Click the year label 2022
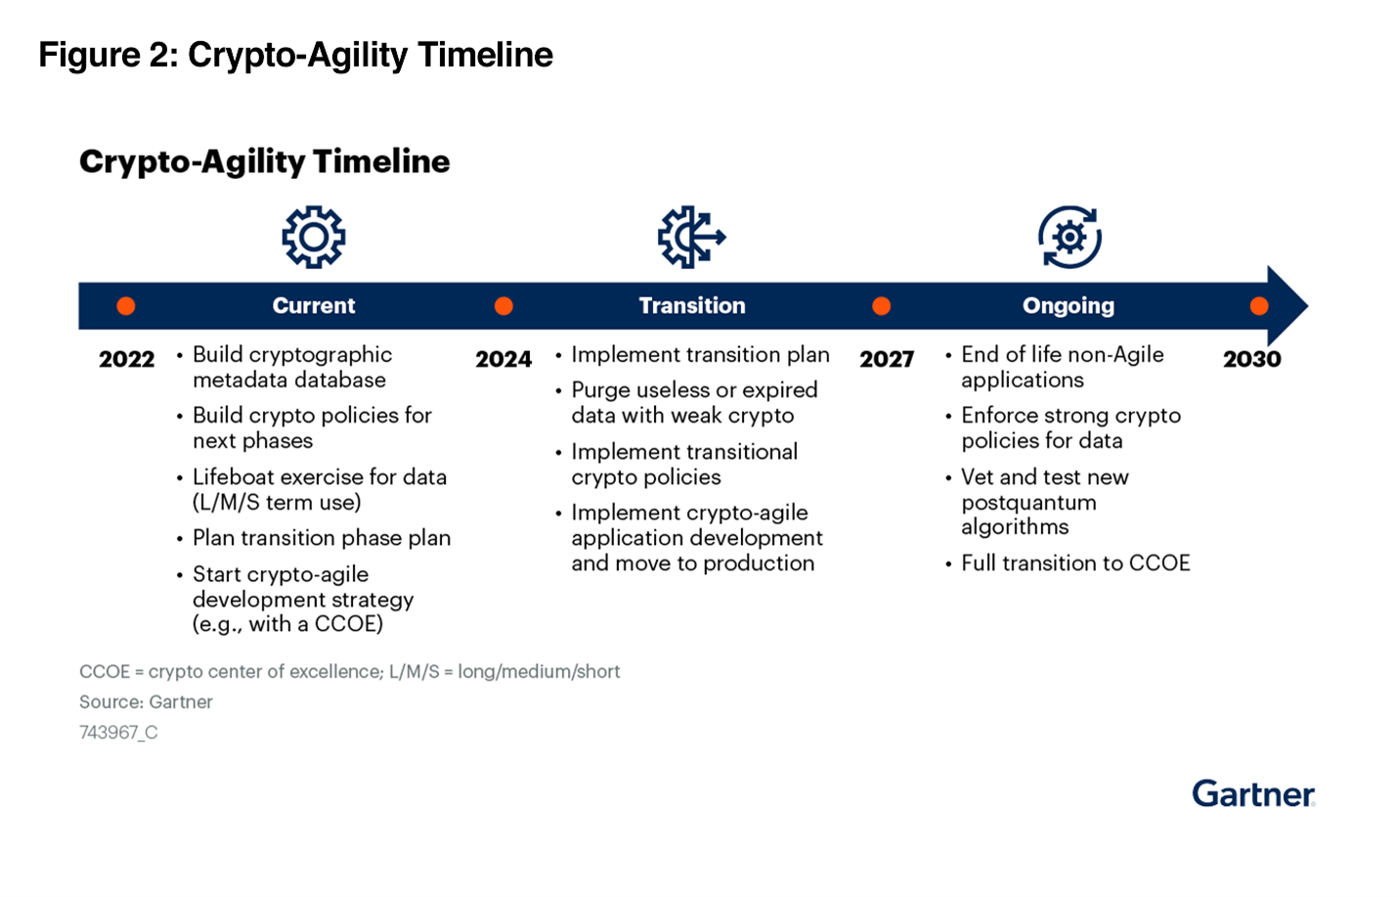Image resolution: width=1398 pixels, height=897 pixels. tap(127, 359)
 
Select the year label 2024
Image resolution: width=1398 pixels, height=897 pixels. tap(503, 359)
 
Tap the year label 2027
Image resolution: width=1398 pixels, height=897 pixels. tap(887, 359)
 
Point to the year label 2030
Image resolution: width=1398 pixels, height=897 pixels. tap(1252, 359)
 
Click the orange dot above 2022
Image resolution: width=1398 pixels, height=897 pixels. tap(126, 306)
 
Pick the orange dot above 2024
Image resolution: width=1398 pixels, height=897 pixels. tap(503, 306)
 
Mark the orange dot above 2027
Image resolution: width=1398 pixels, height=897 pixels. tap(881, 306)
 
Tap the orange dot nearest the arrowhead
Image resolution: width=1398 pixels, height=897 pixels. tap(1259, 306)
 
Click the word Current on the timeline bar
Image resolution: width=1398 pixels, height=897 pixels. tap(314, 305)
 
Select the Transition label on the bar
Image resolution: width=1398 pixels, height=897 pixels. tap(692, 305)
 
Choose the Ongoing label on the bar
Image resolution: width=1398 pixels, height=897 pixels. tap(1069, 306)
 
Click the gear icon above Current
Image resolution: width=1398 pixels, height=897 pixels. tap(314, 238)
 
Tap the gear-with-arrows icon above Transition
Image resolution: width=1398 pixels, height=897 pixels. tap(691, 238)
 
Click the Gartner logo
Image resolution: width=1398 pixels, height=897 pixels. tap(1254, 793)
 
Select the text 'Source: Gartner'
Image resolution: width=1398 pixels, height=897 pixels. tap(146, 702)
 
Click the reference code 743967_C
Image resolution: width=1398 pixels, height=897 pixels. tap(118, 732)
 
